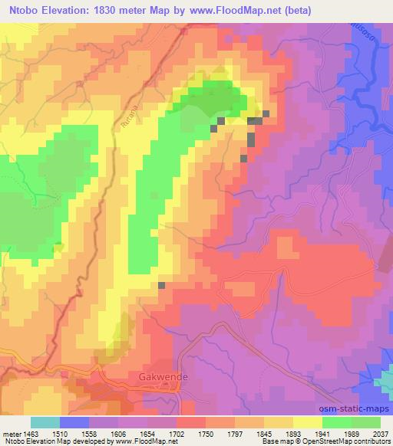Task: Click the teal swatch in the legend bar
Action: coord(45,422)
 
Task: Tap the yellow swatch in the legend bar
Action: coord(308,422)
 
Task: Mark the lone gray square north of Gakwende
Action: coord(162,285)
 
